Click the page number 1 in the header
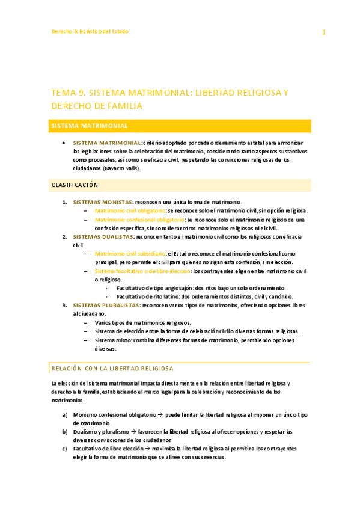coord(323,32)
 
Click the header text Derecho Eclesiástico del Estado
coord(89,31)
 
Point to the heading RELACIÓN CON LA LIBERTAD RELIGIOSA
coord(112,367)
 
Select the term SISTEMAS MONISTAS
coord(103,202)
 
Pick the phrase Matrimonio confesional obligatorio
coord(139,220)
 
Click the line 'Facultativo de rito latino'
coord(149,296)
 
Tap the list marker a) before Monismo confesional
coord(64,414)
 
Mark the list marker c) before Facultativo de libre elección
coord(64,448)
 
